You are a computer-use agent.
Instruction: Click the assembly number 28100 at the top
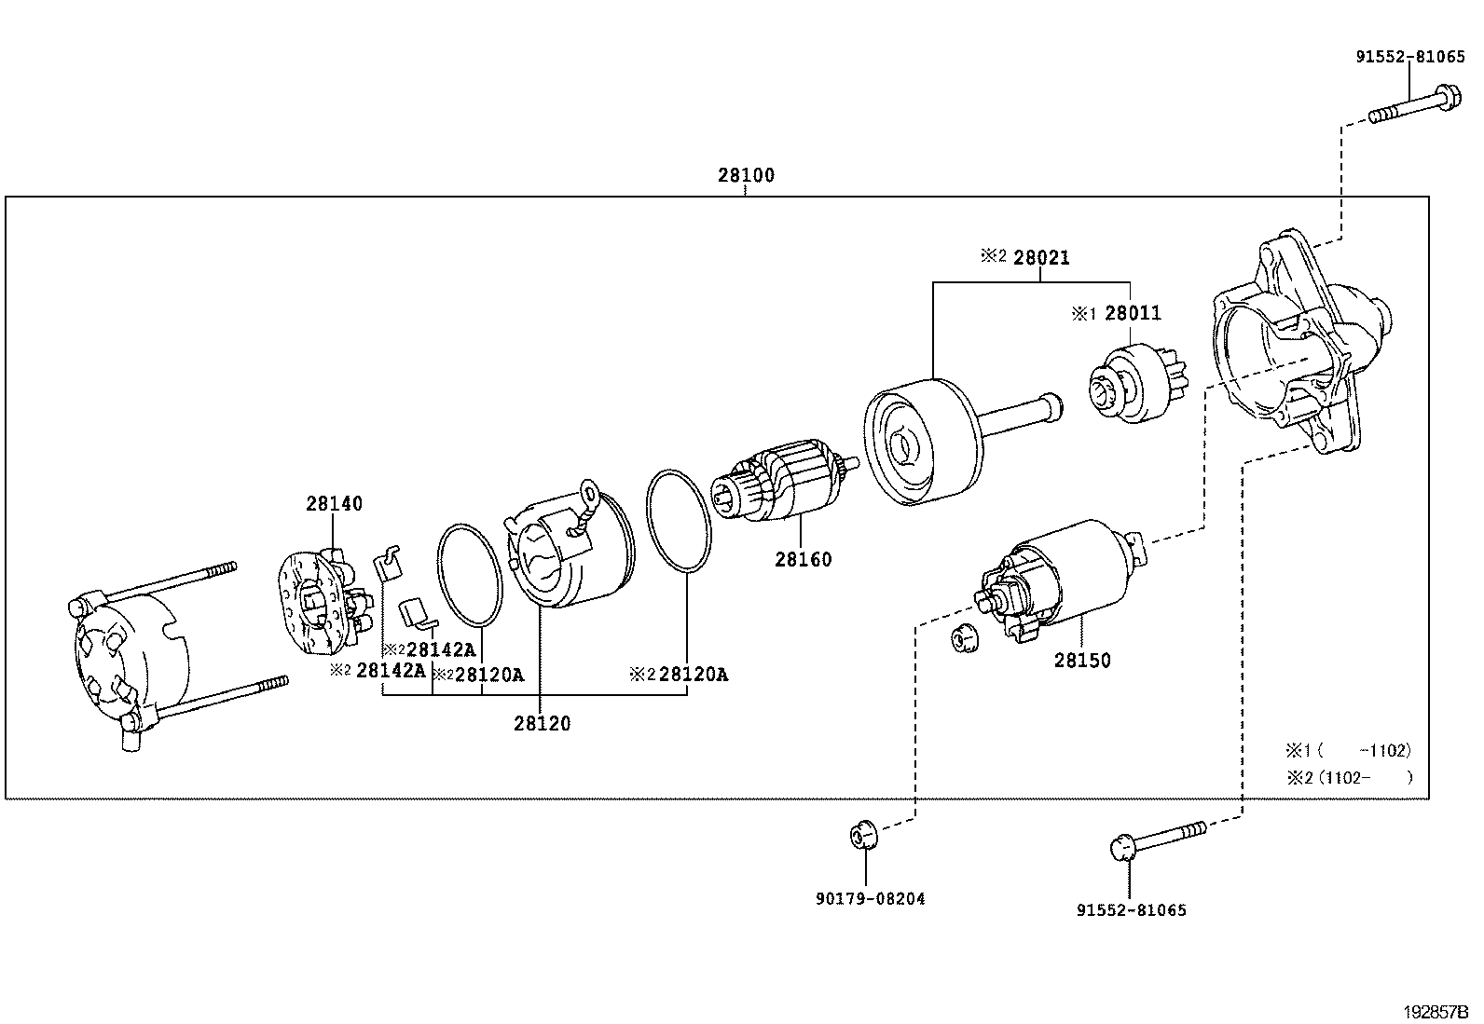pyautogui.click(x=746, y=175)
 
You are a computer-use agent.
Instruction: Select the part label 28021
pyautogui.click(x=1040, y=258)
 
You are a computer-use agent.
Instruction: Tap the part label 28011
pyautogui.click(x=1133, y=313)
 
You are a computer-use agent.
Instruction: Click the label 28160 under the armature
pyautogui.click(x=803, y=560)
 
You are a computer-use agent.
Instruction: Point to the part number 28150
pyautogui.click(x=1082, y=661)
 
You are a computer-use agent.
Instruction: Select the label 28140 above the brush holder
pyautogui.click(x=334, y=504)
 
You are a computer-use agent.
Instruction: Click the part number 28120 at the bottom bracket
pyautogui.click(x=542, y=723)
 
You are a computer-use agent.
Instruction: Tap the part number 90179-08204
pyautogui.click(x=870, y=899)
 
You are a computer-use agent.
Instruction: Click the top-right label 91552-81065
pyautogui.click(x=1409, y=57)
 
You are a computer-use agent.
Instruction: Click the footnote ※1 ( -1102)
pyautogui.click(x=1349, y=750)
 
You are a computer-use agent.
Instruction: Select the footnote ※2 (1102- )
pyautogui.click(x=1349, y=777)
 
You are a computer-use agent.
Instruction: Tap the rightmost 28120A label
pyautogui.click(x=692, y=675)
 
